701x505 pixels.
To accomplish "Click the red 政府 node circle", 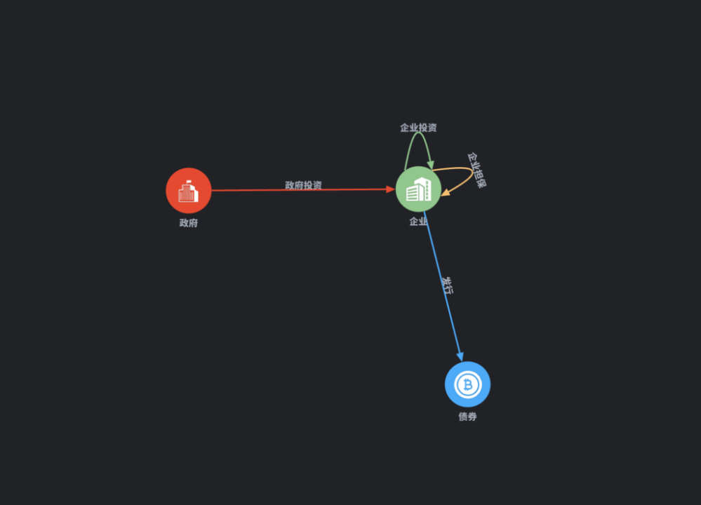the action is pyautogui.click(x=188, y=190).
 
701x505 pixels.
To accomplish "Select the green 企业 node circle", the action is pyautogui.click(x=418, y=189).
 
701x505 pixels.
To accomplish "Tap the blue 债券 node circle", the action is pyautogui.click(x=467, y=384).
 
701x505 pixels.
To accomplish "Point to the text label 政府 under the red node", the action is pyautogui.click(x=188, y=223).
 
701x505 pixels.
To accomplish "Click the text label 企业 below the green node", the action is pyautogui.click(x=418, y=222).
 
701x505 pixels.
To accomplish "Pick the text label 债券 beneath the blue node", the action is pyautogui.click(x=467, y=417).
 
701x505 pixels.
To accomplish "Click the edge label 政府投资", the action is pyautogui.click(x=303, y=185).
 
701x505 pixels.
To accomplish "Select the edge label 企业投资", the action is pyautogui.click(x=418, y=128).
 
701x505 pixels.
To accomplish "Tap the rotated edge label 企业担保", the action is pyautogui.click(x=477, y=170).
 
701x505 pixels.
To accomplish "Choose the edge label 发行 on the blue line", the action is pyautogui.click(x=446, y=285).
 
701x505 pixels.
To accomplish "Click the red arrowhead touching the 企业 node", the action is pyautogui.click(x=390, y=189).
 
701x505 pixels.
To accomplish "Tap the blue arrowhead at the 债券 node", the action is pyautogui.click(x=460, y=357).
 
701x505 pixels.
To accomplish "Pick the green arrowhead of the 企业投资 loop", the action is pyautogui.click(x=431, y=165).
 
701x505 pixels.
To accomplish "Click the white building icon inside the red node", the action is pyautogui.click(x=188, y=191).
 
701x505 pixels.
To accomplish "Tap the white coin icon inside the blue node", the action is pyautogui.click(x=467, y=384).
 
